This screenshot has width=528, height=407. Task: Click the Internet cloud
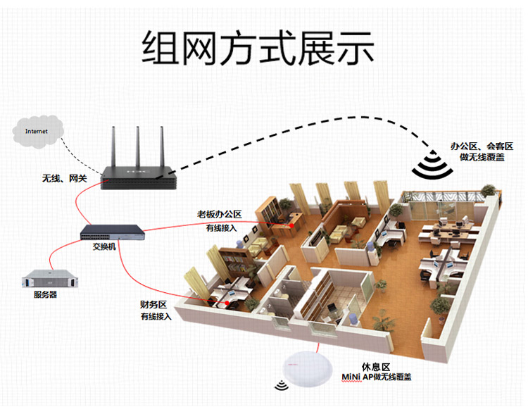(x=38, y=132)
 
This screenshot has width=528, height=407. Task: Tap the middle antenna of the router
(x=138, y=147)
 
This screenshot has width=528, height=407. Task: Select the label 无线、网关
(x=64, y=178)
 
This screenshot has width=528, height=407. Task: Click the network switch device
(x=113, y=232)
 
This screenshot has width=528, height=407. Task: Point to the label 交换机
(x=104, y=246)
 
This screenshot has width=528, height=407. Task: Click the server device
(x=50, y=279)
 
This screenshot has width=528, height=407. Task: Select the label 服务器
(x=45, y=294)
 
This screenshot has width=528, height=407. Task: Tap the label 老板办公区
(x=219, y=215)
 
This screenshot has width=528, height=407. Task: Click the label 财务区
(x=153, y=305)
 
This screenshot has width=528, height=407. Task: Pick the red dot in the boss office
(x=291, y=225)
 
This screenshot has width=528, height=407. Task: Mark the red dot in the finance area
(x=227, y=303)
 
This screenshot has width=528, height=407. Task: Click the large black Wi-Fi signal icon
(x=432, y=165)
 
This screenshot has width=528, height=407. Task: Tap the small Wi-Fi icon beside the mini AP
(x=281, y=385)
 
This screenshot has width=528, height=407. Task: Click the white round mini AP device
(x=307, y=369)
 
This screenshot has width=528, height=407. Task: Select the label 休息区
(x=376, y=367)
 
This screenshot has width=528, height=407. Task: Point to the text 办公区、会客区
(x=482, y=146)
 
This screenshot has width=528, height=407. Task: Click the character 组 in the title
(x=161, y=47)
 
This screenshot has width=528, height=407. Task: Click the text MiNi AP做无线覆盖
(x=377, y=377)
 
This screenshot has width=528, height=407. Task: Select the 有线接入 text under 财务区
(x=156, y=316)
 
